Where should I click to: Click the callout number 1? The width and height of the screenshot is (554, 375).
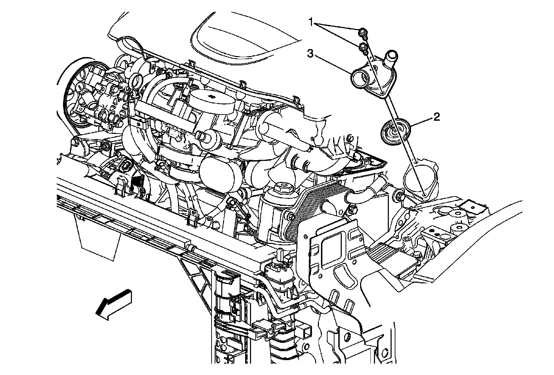point(311,23)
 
